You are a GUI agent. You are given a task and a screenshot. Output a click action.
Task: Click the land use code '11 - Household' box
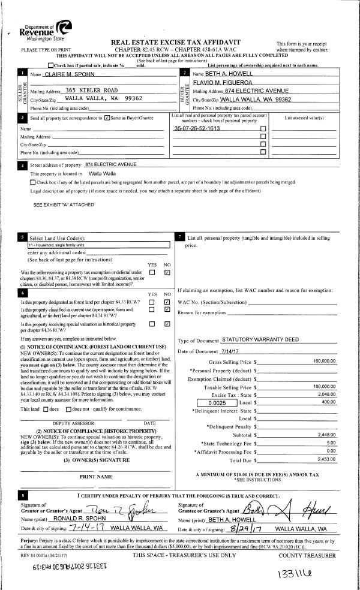100,245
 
